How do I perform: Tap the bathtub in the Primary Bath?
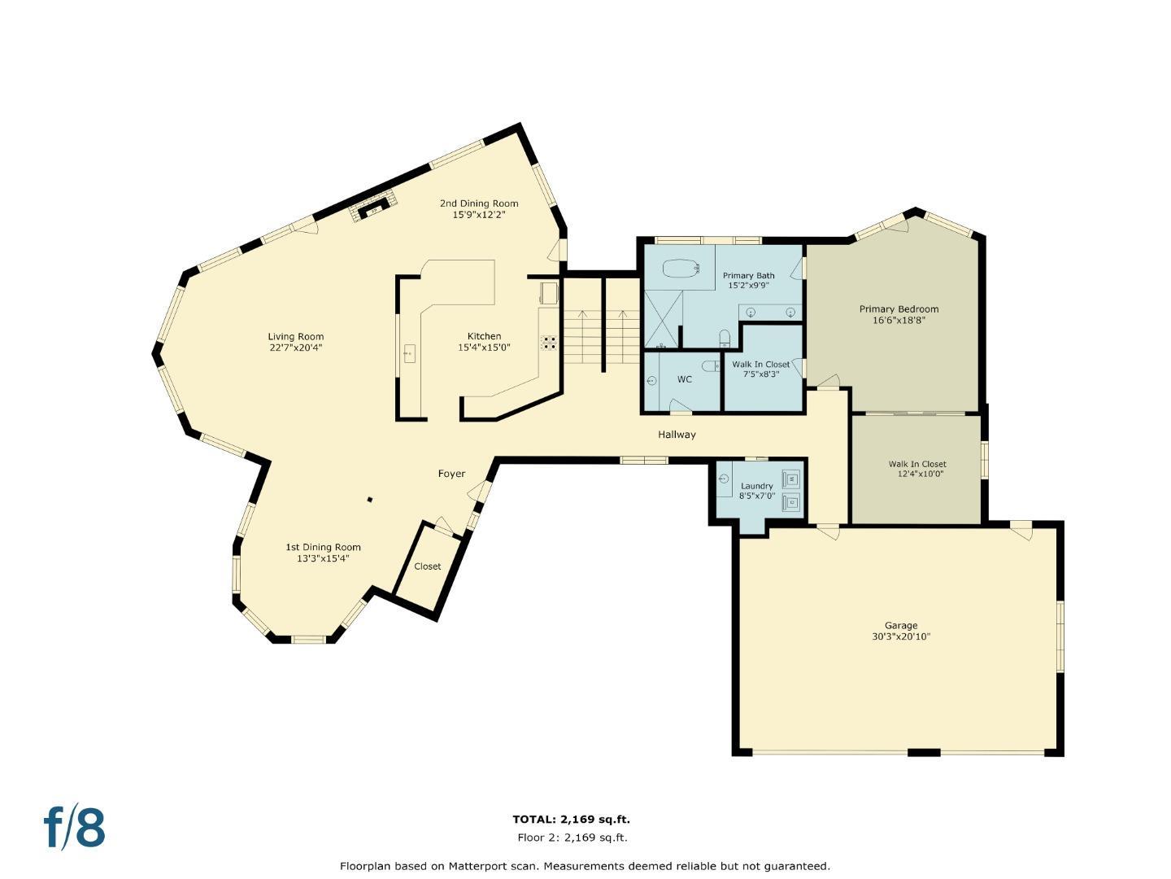coord(681,268)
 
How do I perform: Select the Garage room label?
coord(901,625)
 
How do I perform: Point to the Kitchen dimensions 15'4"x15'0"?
coord(484,348)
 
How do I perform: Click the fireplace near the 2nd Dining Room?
coord(373,208)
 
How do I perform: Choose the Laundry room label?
coord(756,486)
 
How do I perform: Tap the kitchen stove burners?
coord(550,342)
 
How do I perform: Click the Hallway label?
coord(677,435)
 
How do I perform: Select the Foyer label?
coord(451,474)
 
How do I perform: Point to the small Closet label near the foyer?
coord(427,566)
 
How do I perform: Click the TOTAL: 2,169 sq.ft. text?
coord(571,820)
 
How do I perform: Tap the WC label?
coord(685,379)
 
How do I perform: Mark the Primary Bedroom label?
coord(899,309)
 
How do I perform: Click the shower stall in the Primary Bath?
coord(663,318)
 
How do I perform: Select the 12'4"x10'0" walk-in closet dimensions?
coord(921,474)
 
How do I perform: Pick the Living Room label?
coord(295,336)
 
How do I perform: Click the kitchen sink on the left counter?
coord(409,353)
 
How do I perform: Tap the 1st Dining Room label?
coord(323,547)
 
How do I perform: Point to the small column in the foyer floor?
coord(370,500)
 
